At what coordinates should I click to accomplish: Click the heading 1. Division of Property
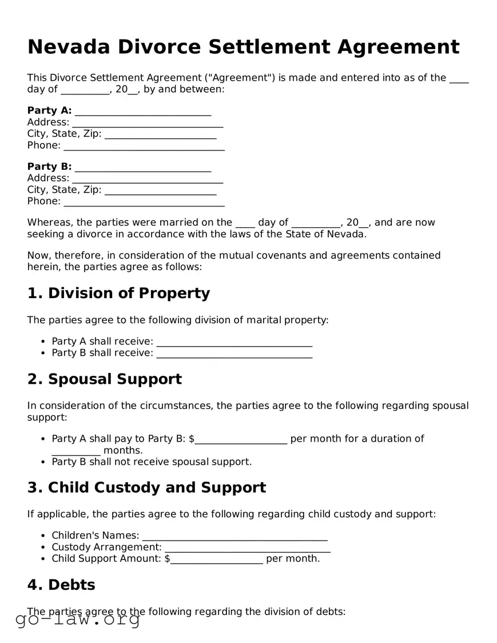click(118, 293)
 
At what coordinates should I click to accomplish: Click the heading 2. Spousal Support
click(104, 379)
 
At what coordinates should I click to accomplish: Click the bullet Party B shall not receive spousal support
click(152, 462)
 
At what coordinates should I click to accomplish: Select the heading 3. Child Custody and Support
click(146, 488)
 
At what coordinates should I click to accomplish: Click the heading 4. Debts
click(61, 585)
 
